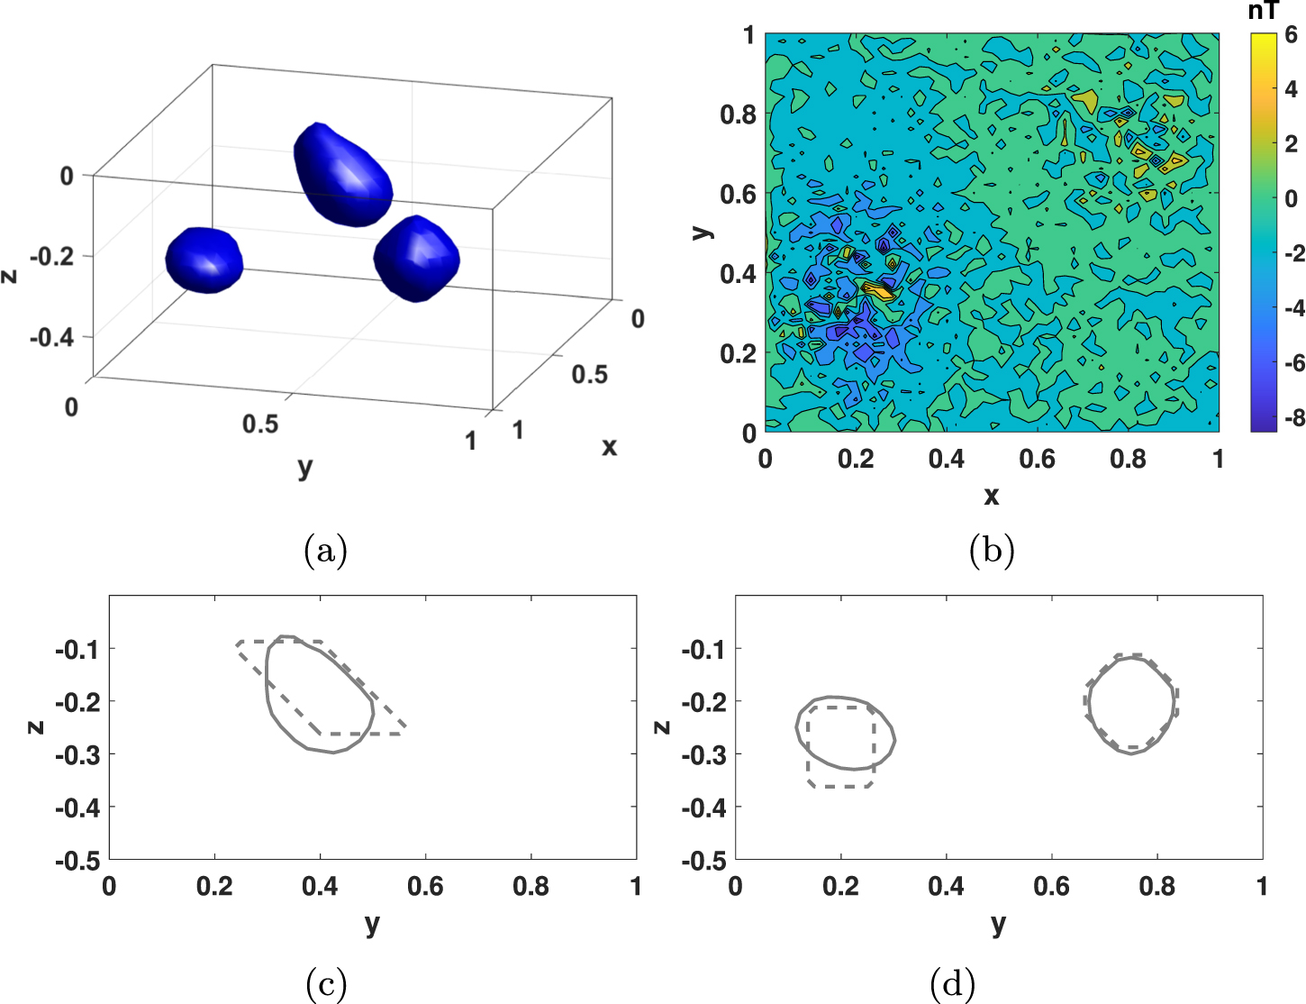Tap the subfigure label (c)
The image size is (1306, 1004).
326,984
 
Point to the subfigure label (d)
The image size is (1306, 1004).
953,984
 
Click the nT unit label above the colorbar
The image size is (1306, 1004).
1263,12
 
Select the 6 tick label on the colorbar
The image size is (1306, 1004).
1291,35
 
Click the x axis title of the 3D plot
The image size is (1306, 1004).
610,446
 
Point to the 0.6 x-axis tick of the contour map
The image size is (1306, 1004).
1037,459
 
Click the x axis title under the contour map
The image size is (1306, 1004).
992,495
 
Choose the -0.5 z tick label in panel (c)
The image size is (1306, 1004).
77,860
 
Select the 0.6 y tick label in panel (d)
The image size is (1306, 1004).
1051,887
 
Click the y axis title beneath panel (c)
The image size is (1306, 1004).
372,924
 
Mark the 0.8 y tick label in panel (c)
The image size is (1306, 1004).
531,887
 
